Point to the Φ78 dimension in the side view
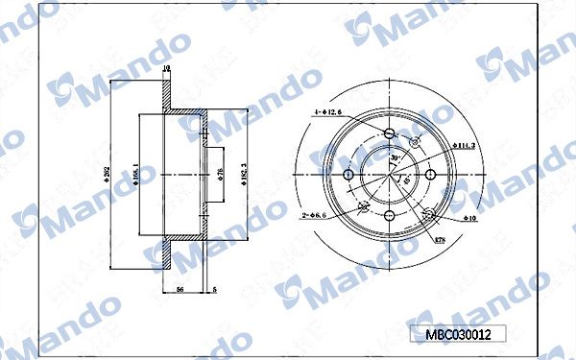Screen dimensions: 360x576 tap(220, 173)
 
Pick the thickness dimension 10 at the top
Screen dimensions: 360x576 tap(166, 68)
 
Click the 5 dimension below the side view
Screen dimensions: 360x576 tap(214, 288)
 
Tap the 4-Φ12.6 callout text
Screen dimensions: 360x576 tap(327, 113)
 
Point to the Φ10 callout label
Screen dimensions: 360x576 tap(470, 218)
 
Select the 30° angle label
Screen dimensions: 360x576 tap(394, 156)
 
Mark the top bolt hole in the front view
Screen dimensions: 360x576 tap(390, 134)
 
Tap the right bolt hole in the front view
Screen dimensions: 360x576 tap(430, 174)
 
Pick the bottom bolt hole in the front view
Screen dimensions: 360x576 tap(390, 213)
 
